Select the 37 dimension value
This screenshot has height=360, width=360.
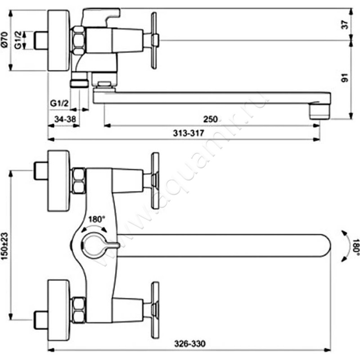(345, 25)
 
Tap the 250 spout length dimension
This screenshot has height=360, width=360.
(210, 119)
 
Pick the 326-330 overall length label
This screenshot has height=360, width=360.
(186, 342)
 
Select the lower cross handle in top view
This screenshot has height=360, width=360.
(155, 305)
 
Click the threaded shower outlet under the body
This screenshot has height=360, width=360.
(81, 83)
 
